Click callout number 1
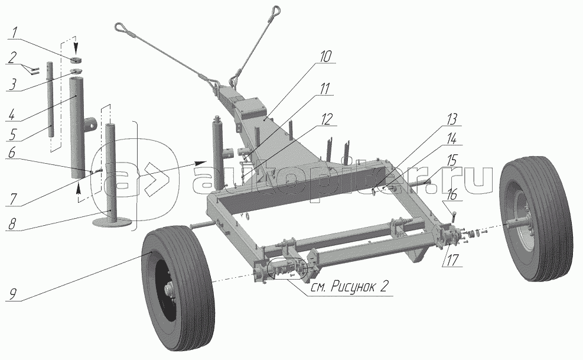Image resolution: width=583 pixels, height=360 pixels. (x=14, y=33)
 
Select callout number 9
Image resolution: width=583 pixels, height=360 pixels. (x=12, y=295)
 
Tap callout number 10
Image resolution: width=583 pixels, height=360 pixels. (x=325, y=56)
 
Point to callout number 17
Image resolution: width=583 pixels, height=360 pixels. (x=451, y=260)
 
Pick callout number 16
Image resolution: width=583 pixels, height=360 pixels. (x=452, y=195)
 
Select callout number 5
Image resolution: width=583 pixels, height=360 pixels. (x=13, y=134)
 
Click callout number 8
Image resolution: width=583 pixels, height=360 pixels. (x=12, y=224)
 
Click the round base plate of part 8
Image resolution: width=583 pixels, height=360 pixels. (x=112, y=223)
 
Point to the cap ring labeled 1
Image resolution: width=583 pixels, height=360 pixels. (x=76, y=60)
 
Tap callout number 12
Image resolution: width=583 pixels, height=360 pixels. (x=326, y=119)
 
